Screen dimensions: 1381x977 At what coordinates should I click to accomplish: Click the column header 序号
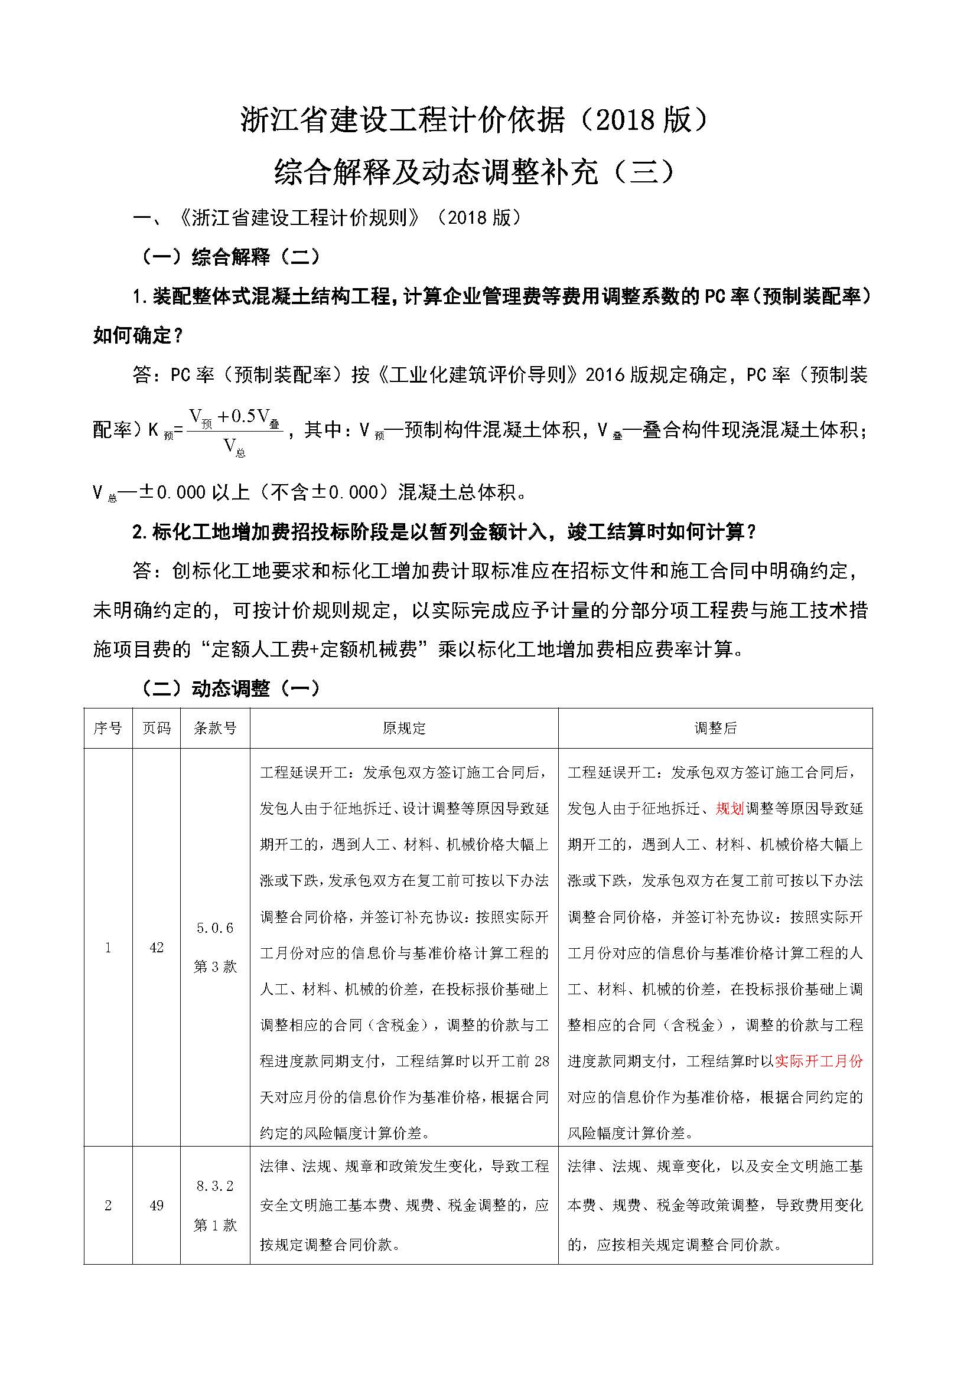(108, 729)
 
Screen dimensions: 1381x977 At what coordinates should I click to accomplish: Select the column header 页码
(157, 729)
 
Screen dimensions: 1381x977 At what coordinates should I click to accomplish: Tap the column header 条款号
(215, 729)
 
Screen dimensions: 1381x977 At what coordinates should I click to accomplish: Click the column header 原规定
(403, 729)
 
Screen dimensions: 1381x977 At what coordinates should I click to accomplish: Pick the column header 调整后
(715, 729)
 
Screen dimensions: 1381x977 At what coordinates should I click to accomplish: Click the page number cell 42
(157, 947)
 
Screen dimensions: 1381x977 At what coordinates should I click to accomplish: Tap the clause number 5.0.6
(215, 928)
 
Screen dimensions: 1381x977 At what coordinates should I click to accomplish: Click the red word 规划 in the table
(730, 808)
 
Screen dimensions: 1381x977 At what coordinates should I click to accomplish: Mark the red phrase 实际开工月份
(819, 1061)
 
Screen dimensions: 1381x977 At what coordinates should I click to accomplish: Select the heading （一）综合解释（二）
(230, 257)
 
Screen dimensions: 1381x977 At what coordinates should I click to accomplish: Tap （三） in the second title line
(647, 172)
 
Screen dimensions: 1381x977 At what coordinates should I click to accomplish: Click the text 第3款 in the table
(215, 967)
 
